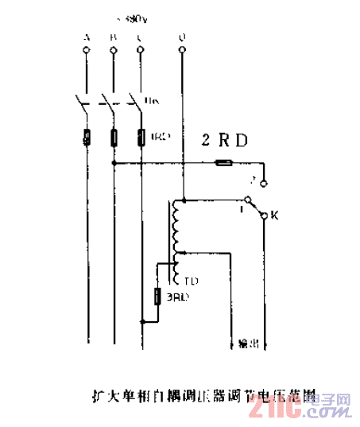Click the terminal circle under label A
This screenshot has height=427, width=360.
[x=85, y=51]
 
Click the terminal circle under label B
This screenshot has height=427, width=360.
[x=113, y=51]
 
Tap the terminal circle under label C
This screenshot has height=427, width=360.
[x=141, y=51]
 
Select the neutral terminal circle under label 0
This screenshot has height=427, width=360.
[x=184, y=51]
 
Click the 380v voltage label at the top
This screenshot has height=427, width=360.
[x=127, y=17]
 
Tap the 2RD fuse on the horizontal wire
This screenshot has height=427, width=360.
[x=224, y=164]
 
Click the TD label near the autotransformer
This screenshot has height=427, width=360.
[x=191, y=281]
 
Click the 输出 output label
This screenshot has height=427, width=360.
[x=249, y=344]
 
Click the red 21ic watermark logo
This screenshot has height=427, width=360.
[x=274, y=410]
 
